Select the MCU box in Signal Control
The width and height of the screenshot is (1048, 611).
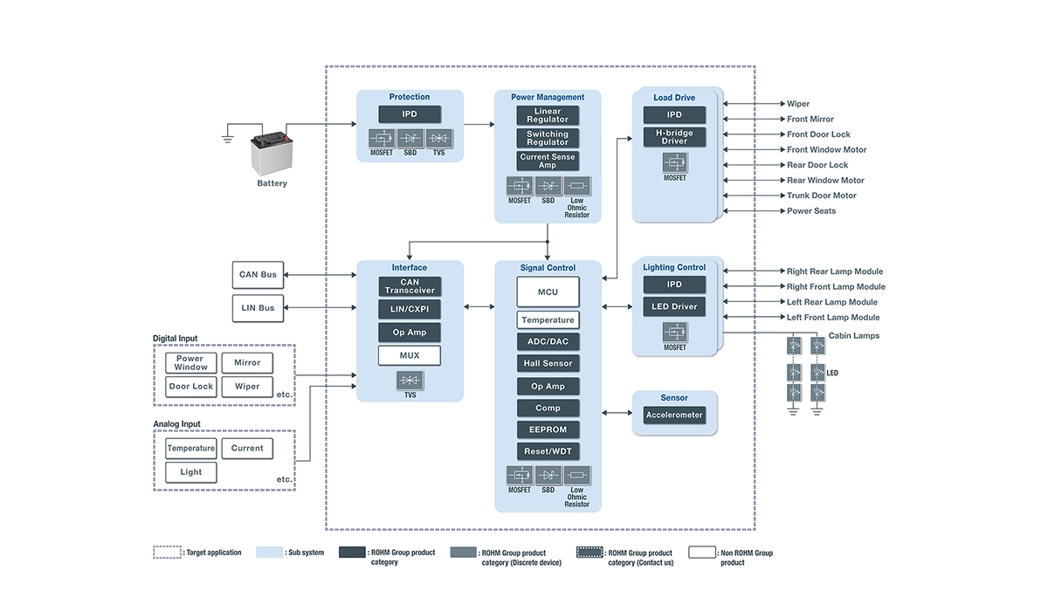click(548, 292)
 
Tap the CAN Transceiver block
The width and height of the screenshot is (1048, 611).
click(410, 286)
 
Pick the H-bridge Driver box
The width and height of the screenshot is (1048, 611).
click(674, 137)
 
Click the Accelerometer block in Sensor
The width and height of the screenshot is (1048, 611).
click(674, 415)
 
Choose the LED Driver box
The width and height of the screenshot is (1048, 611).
click(674, 306)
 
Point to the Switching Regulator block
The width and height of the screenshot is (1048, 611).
click(548, 138)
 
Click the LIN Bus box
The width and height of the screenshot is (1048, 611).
click(258, 308)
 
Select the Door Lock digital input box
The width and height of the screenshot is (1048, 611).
click(191, 386)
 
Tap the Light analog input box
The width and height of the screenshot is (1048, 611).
click(191, 472)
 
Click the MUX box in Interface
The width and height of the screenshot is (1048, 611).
click(410, 355)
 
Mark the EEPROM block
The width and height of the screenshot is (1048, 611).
click(548, 429)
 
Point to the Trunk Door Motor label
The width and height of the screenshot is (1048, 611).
click(822, 196)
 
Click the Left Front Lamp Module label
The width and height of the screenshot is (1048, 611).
click(833, 318)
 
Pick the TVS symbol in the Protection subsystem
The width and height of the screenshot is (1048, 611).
click(439, 138)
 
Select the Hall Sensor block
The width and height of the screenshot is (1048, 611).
click(548, 363)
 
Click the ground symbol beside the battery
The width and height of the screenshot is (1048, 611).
click(227, 137)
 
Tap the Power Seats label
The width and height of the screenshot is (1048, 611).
click(811, 211)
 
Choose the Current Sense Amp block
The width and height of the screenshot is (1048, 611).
click(548, 161)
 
